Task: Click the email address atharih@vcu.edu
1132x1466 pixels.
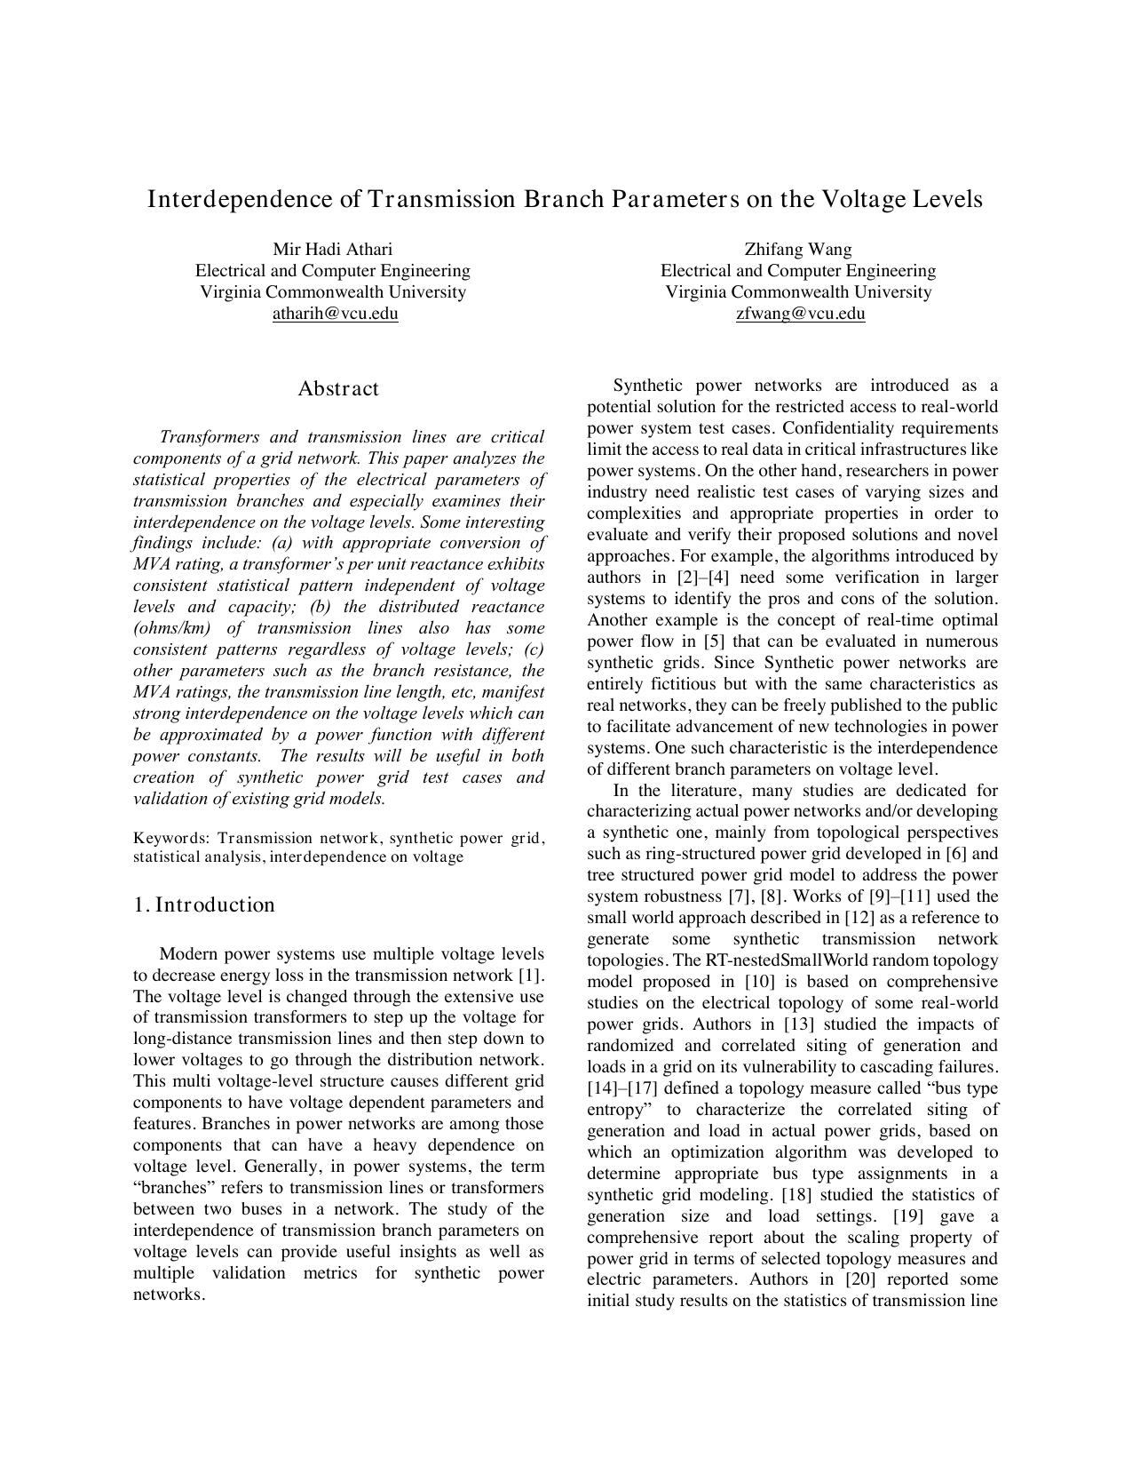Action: (335, 314)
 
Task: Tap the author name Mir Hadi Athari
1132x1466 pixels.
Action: (332, 249)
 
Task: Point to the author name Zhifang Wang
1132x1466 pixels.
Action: (798, 249)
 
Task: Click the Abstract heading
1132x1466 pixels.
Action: (338, 388)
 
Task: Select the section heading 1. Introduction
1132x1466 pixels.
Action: (204, 904)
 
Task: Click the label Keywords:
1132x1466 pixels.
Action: (172, 838)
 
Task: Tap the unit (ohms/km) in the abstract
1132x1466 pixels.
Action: (176, 628)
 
